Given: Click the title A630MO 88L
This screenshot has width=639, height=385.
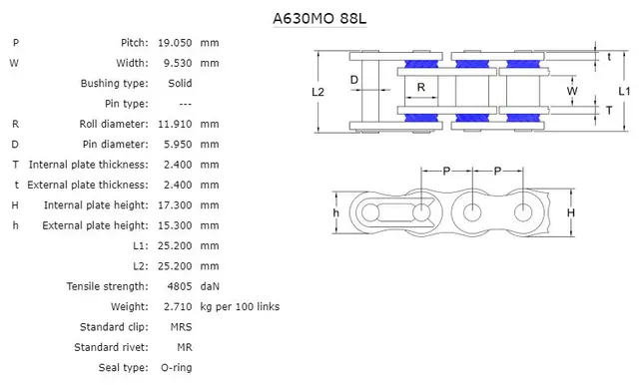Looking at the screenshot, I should [319, 17].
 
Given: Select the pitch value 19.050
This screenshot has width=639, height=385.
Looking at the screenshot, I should [175, 43].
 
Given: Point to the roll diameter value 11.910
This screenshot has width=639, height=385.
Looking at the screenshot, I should [175, 124].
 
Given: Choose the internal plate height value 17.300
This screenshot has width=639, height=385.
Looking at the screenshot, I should [175, 204].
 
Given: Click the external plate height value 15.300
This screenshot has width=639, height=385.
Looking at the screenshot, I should [175, 225].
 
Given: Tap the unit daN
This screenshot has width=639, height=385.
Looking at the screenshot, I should [210, 286].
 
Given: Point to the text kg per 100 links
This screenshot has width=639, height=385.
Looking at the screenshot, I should [240, 306].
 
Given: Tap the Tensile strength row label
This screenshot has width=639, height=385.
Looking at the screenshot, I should [108, 286].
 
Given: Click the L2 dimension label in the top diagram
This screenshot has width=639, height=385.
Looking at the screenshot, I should [318, 92].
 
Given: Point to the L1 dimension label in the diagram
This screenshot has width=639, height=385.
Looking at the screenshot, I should [624, 91].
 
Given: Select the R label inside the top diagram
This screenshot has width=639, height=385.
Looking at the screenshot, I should [421, 87].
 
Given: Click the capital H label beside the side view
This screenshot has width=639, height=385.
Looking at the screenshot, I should [570, 212].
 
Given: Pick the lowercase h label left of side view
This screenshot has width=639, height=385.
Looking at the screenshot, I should [336, 212].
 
